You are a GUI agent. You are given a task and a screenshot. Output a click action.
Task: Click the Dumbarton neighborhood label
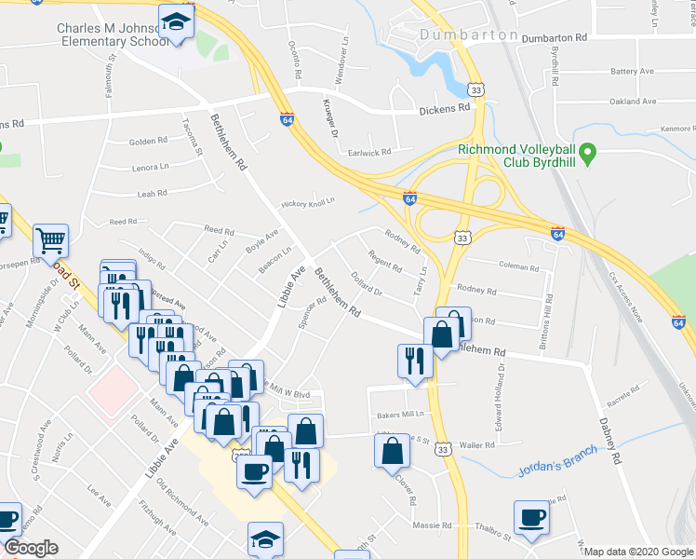(x=467, y=34)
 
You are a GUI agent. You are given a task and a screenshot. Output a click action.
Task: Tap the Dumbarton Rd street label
(x=555, y=38)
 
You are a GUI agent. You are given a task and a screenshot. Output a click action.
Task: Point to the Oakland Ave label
(x=634, y=102)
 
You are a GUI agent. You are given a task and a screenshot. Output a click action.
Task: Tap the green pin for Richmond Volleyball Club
(x=587, y=151)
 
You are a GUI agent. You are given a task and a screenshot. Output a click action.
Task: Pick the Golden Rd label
(x=148, y=142)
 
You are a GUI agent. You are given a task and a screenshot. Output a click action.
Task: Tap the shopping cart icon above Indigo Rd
(x=50, y=240)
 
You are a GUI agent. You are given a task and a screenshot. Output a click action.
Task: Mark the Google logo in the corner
(x=31, y=548)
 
